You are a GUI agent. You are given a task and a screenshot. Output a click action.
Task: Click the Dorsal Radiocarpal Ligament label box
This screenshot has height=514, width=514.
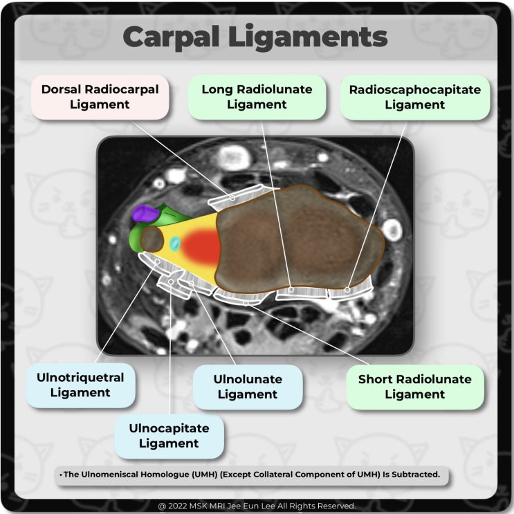click(100, 98)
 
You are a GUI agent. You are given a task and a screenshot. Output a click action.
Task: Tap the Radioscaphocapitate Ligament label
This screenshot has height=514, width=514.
click(415, 98)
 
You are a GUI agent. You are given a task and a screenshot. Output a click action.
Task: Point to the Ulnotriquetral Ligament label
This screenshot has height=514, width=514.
click(80, 385)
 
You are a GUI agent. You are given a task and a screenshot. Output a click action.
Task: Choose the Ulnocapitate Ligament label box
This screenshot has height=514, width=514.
click(169, 436)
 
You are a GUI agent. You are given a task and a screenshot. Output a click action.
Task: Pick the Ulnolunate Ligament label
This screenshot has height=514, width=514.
click(248, 387)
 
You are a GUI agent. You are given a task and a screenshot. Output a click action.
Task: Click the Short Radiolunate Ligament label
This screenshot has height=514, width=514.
click(414, 387)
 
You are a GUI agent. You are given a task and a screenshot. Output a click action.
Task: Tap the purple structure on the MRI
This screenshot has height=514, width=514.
click(144, 213)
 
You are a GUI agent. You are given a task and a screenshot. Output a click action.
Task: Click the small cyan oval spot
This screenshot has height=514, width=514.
click(175, 244)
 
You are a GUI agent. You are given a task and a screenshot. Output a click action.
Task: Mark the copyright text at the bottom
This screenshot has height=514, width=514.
click(257, 506)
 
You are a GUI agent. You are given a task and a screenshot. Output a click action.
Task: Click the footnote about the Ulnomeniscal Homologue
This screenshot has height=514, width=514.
click(251, 475)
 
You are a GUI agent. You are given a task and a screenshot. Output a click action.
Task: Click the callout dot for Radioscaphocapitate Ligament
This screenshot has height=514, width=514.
click(347, 289)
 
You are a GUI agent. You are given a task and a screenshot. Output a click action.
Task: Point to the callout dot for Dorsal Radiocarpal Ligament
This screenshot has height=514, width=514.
click(232, 198)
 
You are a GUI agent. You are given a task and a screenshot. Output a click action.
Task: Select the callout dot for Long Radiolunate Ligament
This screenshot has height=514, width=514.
click(292, 290)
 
